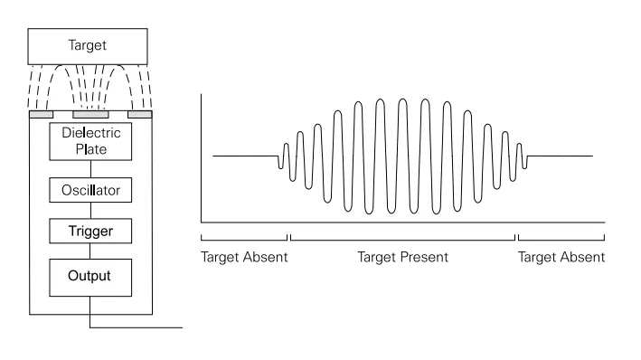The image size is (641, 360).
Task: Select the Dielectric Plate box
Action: click(91, 140)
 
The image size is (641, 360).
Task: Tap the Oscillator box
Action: click(91, 191)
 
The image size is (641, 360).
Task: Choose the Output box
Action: click(91, 275)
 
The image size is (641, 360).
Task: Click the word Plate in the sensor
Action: click(91, 148)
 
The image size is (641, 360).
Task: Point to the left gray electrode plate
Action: click(41, 115)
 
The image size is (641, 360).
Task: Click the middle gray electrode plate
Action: click(91, 115)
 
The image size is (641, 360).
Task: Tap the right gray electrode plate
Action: click(141, 115)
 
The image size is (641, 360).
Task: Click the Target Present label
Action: click(402, 257)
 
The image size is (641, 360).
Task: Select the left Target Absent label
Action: click(243, 257)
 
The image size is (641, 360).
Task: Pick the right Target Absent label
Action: click(561, 257)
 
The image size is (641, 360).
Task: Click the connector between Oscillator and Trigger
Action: click(91, 211)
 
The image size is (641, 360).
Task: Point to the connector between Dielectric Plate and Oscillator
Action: click(91, 169)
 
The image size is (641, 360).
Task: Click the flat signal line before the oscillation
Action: click(244, 156)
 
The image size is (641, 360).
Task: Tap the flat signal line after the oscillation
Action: click(561, 156)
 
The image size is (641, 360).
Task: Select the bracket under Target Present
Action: click(402, 238)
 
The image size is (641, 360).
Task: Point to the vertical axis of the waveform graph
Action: click(201, 154)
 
